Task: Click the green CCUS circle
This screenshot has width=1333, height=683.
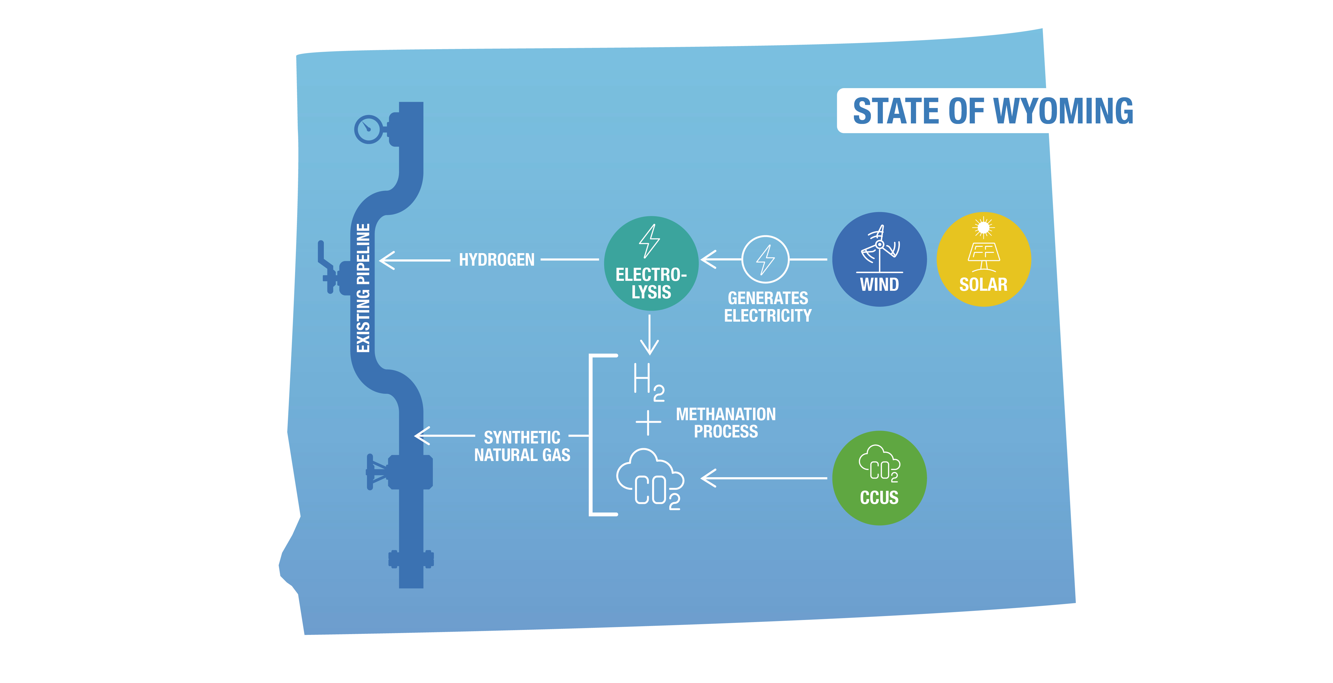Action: pos(879,477)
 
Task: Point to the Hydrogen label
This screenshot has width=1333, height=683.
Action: pos(496,259)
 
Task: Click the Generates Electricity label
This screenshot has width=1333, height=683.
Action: pos(767,306)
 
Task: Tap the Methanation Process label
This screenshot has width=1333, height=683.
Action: pos(726,423)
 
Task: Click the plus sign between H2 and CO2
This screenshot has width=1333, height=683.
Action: pos(648,423)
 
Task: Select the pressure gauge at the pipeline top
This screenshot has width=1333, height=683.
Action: pos(369,128)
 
